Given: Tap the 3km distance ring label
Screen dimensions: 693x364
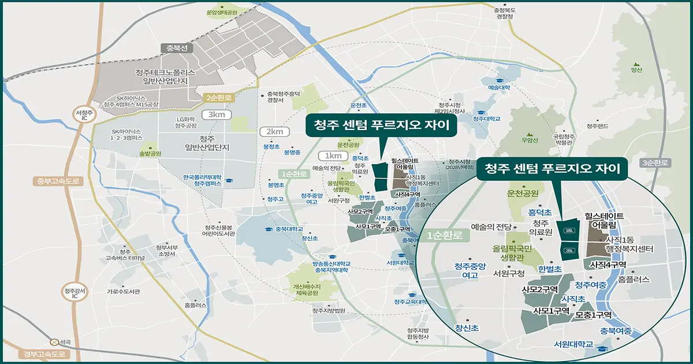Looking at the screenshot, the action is (217, 114).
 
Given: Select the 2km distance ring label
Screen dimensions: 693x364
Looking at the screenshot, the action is (274, 132).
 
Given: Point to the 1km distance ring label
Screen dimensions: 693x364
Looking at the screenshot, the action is (332, 155).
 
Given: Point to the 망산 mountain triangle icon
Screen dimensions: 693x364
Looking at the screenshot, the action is (636, 63).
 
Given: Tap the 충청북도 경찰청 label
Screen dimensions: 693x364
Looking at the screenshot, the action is (503, 13).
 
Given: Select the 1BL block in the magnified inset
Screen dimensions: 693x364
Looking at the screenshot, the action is (569, 231).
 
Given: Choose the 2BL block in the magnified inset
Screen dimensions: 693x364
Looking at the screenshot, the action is (569, 251).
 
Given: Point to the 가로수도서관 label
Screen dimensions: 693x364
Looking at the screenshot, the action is (123, 291).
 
